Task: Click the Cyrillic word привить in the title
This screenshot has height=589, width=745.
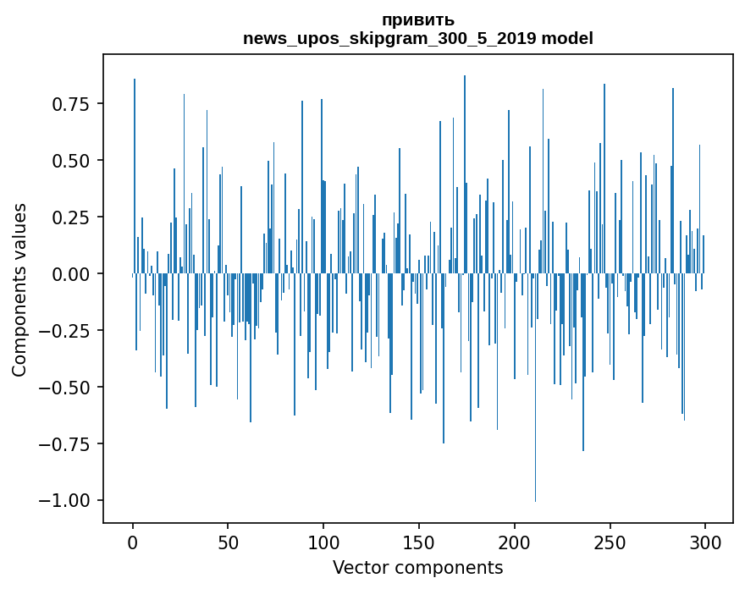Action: (x=418, y=20)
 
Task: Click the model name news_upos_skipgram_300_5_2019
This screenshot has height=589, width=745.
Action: (x=390, y=38)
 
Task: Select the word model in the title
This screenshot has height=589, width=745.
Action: (x=567, y=38)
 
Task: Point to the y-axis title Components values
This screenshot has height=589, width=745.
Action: (x=19, y=290)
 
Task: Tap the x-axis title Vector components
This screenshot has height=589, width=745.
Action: (x=417, y=567)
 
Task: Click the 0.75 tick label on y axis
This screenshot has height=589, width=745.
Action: (x=71, y=104)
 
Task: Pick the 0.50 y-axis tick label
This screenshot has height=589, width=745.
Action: (x=71, y=161)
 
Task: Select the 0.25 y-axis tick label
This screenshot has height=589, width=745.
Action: (x=71, y=217)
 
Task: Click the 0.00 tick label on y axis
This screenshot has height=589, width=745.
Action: (x=71, y=274)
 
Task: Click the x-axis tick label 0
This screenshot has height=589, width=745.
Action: (x=133, y=542)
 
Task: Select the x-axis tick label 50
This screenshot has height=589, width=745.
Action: (x=228, y=542)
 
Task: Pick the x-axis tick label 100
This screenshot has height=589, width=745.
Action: (x=323, y=542)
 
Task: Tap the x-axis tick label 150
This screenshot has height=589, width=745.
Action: (x=419, y=542)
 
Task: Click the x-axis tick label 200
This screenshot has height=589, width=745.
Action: (x=514, y=542)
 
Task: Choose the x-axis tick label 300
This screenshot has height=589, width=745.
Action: (x=705, y=542)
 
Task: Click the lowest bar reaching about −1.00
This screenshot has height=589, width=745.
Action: (x=535, y=387)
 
